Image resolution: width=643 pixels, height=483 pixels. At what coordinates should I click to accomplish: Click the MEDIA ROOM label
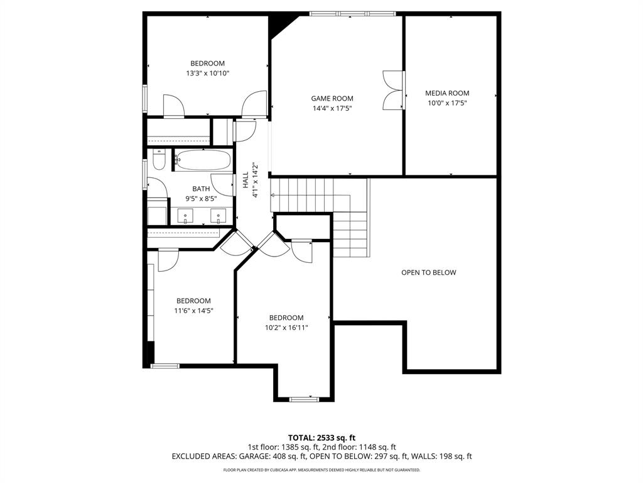pyautogui.click(x=447, y=93)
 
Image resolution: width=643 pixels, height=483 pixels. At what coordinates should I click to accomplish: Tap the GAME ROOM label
pyautogui.click(x=332, y=98)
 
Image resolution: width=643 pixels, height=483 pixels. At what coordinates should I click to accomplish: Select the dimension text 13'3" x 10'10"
pyautogui.click(x=208, y=73)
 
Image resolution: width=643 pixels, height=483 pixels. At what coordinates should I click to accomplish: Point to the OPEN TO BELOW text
pyautogui.click(x=429, y=272)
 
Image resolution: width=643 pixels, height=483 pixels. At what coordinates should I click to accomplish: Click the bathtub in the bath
pyautogui.click(x=202, y=160)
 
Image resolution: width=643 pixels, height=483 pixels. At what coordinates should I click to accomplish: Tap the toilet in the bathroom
pyautogui.click(x=159, y=160)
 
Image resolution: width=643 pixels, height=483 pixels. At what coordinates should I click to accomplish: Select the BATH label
pyautogui.click(x=201, y=189)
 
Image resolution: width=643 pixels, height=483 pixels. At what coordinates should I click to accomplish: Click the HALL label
pyautogui.click(x=246, y=181)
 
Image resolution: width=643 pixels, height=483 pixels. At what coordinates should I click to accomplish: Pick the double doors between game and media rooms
pyautogui.click(x=393, y=91)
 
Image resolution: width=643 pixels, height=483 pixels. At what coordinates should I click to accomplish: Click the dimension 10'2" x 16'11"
pyautogui.click(x=286, y=327)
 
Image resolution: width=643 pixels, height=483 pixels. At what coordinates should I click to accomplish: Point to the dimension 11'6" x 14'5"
pyautogui.click(x=193, y=310)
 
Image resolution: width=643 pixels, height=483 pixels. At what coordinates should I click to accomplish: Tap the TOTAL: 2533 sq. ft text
pyautogui.click(x=321, y=438)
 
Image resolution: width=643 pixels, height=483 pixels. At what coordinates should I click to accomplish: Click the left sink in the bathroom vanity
pyautogui.click(x=186, y=217)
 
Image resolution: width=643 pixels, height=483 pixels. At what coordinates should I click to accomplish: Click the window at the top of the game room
pyautogui.click(x=353, y=13)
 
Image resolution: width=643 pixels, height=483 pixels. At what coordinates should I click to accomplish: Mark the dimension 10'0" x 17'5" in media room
pyautogui.click(x=447, y=103)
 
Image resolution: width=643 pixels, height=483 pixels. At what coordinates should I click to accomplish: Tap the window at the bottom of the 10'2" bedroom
pyautogui.click(x=305, y=399)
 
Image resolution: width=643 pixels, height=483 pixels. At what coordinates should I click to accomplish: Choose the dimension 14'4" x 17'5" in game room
pyautogui.click(x=332, y=108)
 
